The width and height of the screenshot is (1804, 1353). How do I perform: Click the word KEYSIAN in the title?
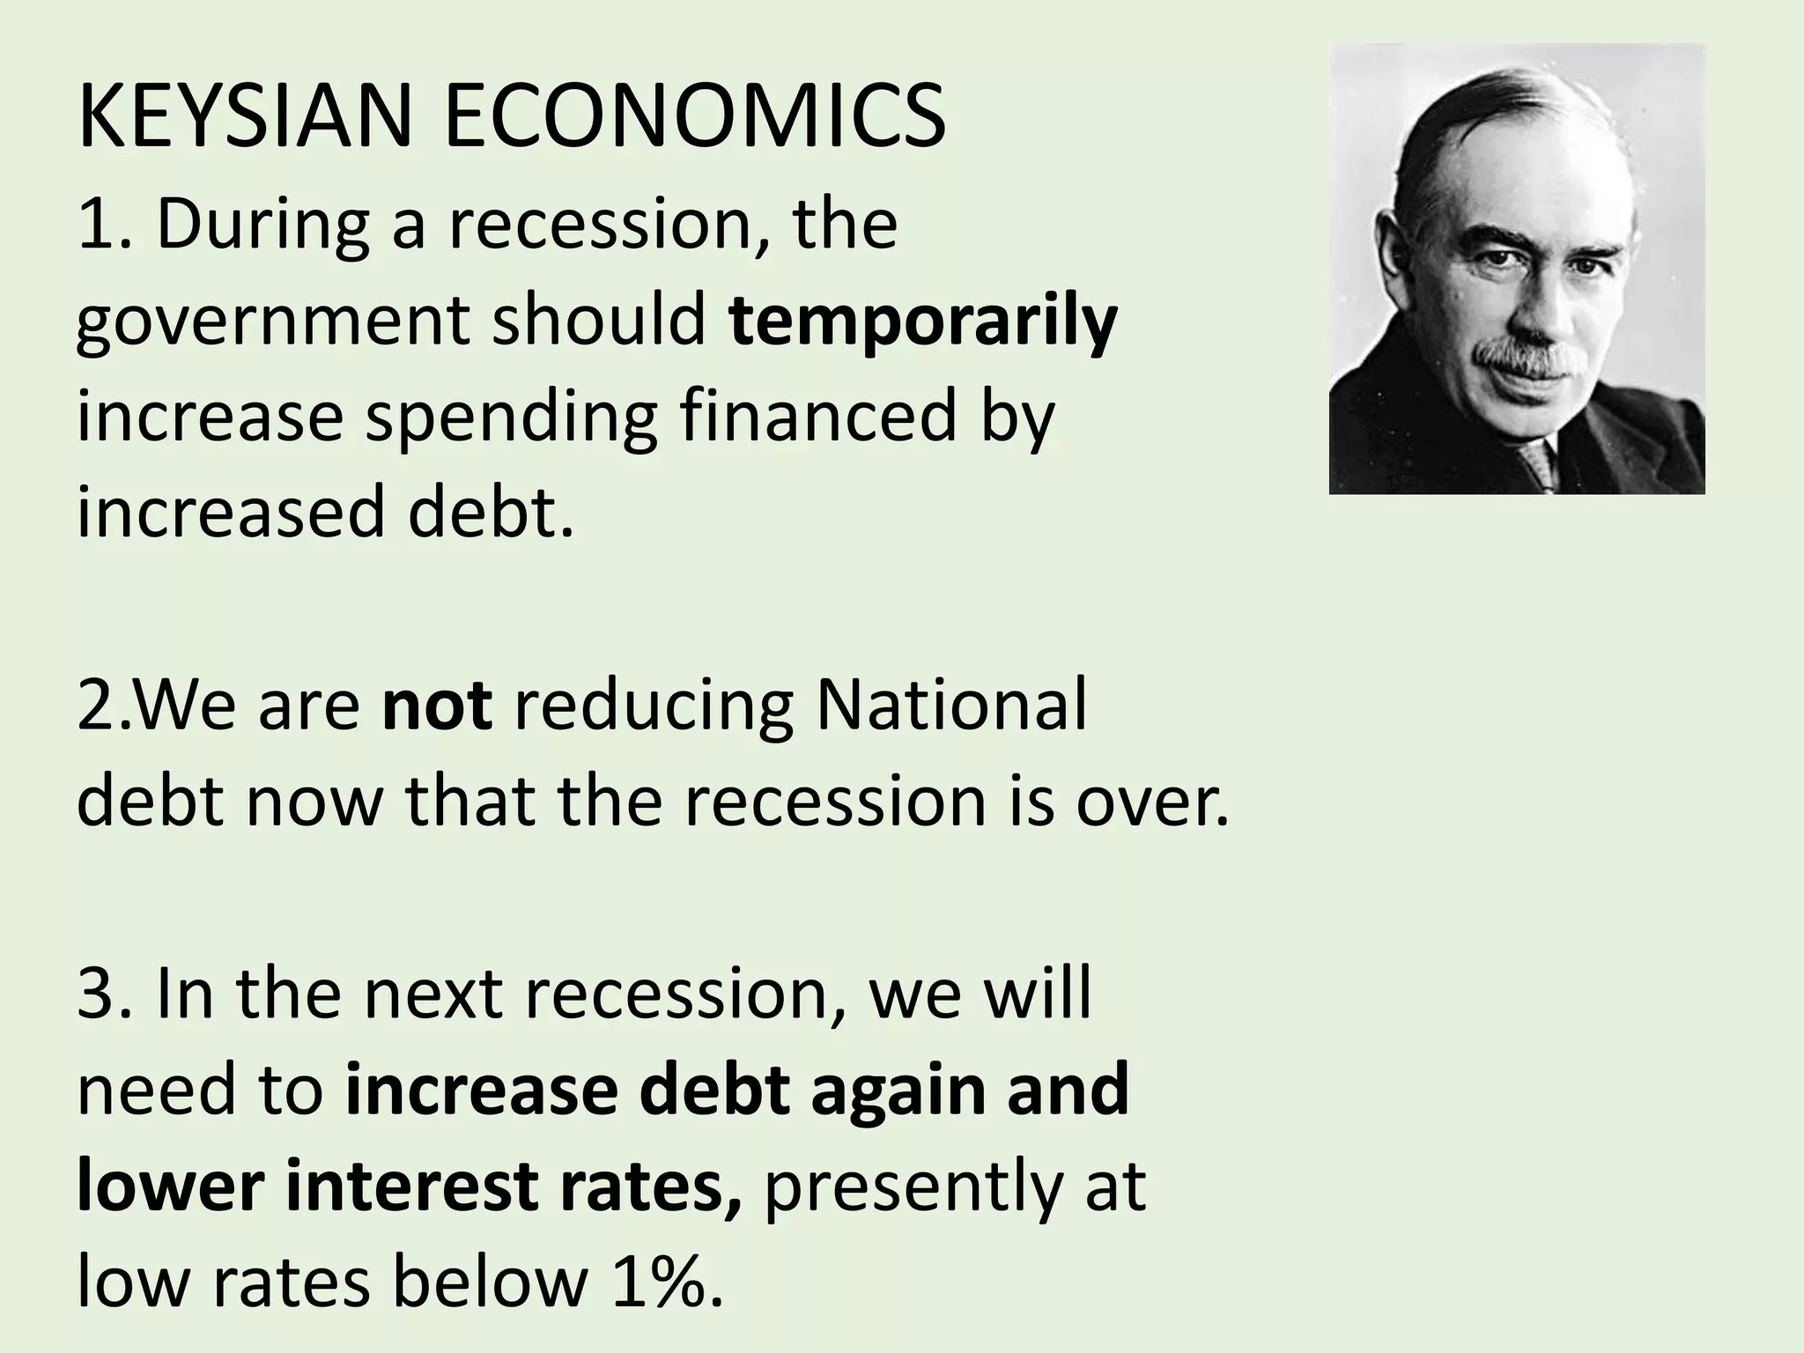(243, 117)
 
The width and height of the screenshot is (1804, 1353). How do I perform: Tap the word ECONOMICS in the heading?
(696, 117)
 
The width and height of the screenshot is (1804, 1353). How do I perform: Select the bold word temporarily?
(923, 322)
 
